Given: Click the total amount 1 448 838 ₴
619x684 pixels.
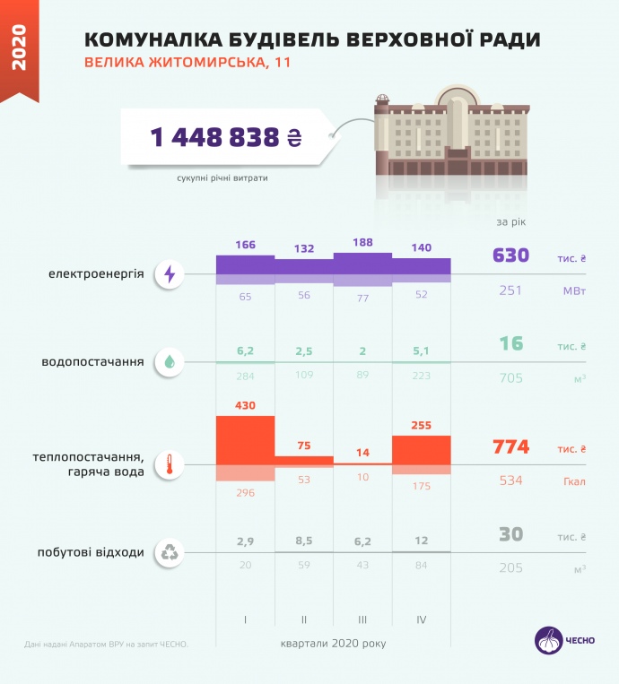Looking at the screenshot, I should (x=225, y=137).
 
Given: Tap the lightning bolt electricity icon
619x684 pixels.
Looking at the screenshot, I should (x=170, y=274).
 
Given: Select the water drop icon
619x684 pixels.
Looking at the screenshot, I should (x=170, y=362).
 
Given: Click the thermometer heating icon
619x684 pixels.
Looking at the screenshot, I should (x=170, y=464).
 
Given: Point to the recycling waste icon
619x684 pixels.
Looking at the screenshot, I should (x=170, y=552).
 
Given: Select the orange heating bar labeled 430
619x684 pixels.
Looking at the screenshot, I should (x=245, y=439).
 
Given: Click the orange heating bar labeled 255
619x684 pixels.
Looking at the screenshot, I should (x=422, y=449).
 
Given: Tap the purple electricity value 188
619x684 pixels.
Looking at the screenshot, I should (x=362, y=243).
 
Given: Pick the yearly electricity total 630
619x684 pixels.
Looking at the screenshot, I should (x=511, y=256).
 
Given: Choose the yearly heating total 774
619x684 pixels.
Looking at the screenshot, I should (x=511, y=446).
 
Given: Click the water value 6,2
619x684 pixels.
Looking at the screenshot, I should (x=245, y=351).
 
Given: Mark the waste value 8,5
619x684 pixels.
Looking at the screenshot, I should (x=303, y=541).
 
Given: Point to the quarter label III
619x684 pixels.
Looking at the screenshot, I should (x=362, y=619).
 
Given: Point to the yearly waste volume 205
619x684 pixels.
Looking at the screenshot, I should (x=510, y=568).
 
